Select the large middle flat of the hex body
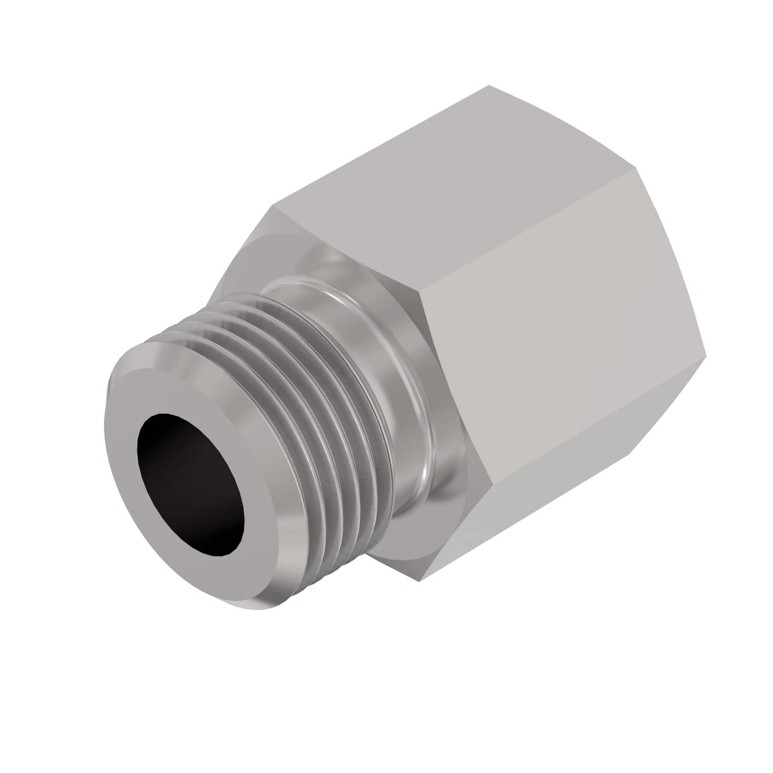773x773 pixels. pos(560,340)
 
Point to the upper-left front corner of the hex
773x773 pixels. pos(273,206)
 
